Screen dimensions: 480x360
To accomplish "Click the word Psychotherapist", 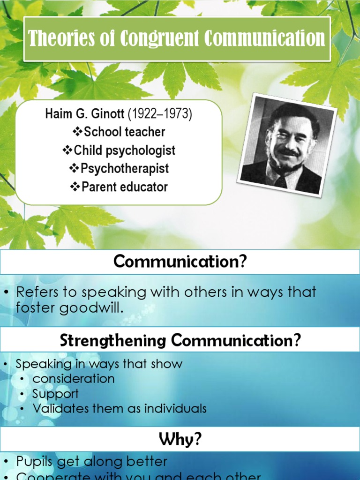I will tap(125, 169).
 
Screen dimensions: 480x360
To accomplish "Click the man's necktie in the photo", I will tap(280, 181).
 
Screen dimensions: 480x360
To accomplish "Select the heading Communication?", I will tap(180, 262).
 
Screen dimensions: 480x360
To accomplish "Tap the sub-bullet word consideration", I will tap(74, 379).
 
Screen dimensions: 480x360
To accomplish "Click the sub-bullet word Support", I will tap(55, 394).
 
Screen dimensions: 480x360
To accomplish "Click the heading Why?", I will tap(180, 439).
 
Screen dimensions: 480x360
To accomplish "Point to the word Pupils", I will tap(36, 461).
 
